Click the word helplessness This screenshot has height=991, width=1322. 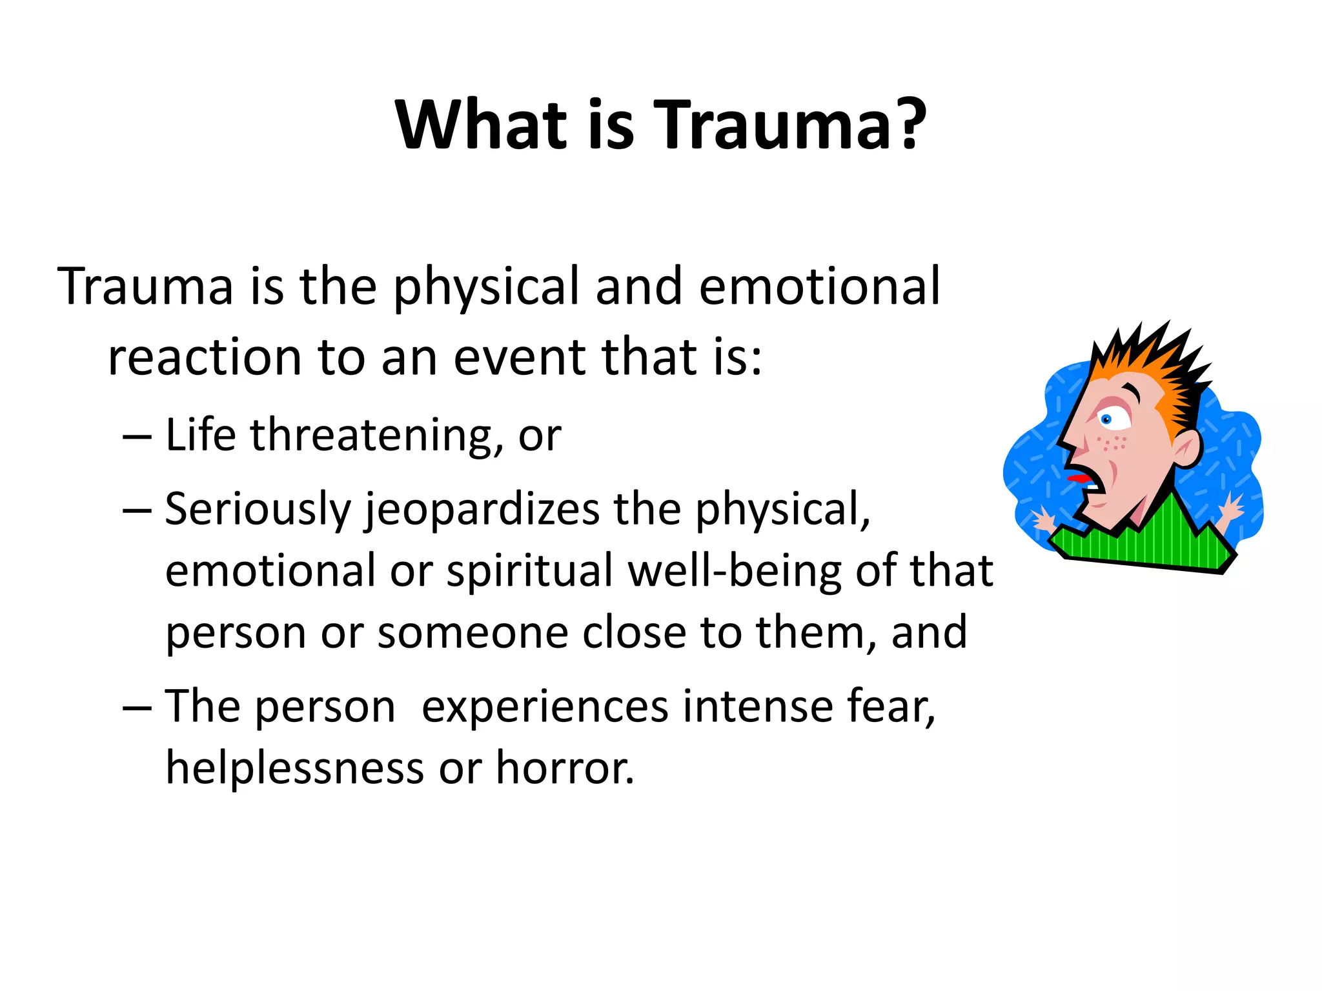point(295,768)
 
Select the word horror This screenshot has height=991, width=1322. point(564,768)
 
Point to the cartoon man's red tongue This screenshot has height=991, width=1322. point(1075,478)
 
